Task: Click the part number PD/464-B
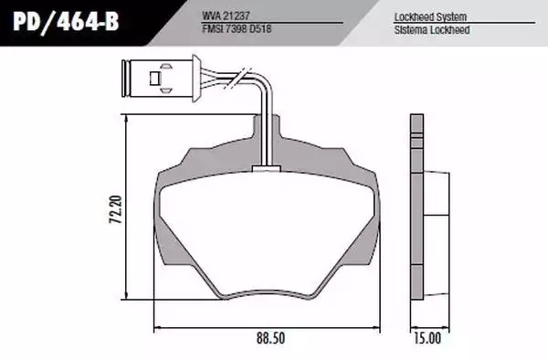point(66,22)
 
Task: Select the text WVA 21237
point(226,16)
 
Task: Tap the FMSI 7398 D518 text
point(237,28)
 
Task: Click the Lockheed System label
point(430,16)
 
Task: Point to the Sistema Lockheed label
point(432,30)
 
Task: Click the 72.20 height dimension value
point(115,209)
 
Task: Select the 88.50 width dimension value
point(271,338)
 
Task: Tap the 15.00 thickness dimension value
point(427,338)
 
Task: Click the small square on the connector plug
point(155,79)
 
